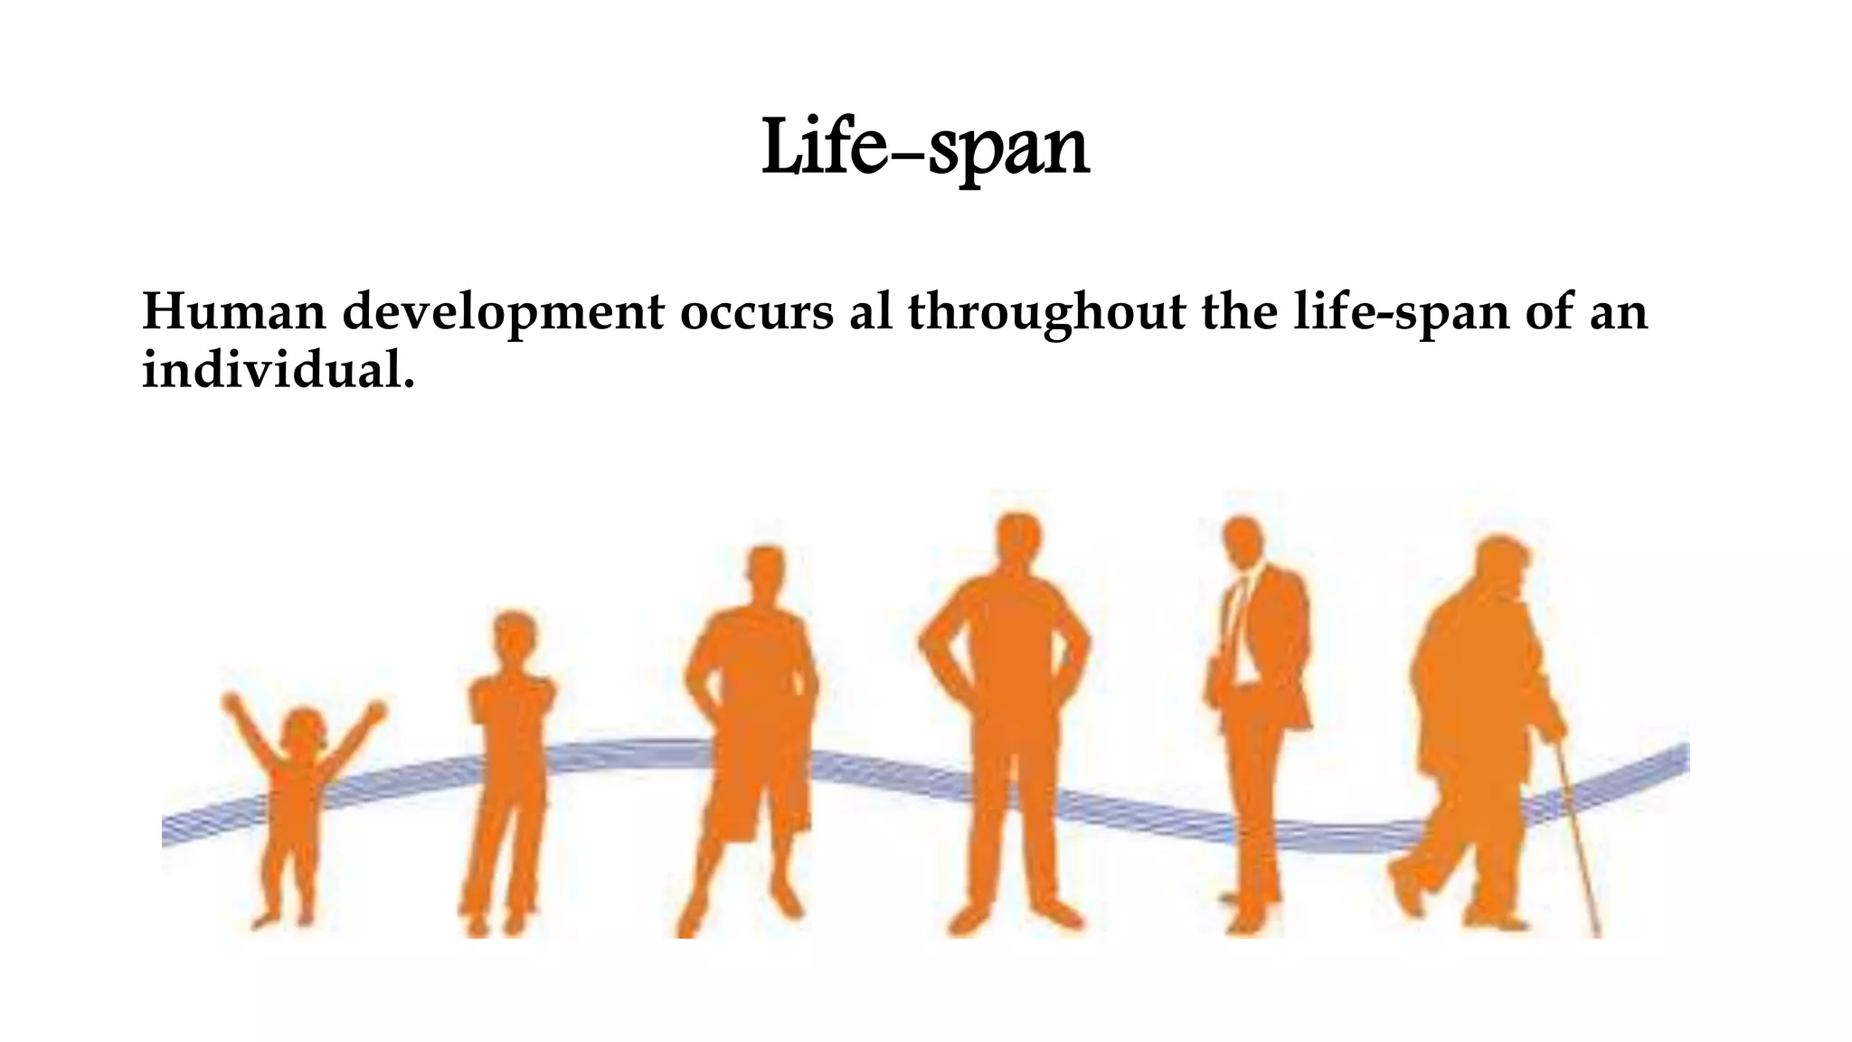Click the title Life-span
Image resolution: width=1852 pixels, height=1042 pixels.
click(925, 147)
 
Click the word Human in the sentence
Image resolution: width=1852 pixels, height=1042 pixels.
click(233, 312)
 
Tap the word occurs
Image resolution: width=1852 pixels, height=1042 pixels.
click(756, 312)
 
